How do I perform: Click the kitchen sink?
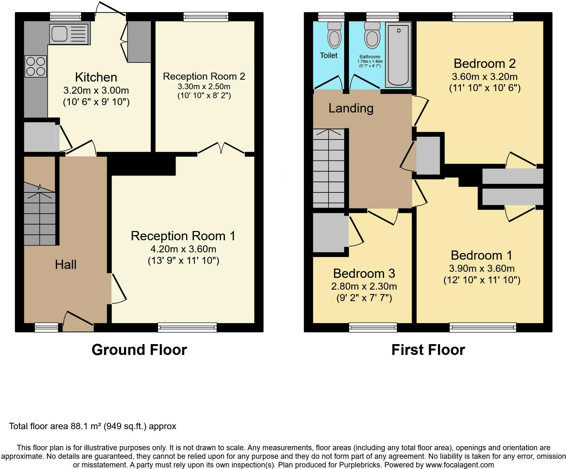pos(70,34)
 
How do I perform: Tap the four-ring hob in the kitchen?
pos(36,66)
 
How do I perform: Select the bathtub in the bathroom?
pos(398,55)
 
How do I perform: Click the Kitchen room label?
pos(96,77)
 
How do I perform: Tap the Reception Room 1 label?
pos(183,236)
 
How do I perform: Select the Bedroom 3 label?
pos(364,273)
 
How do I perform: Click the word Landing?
pos(351,108)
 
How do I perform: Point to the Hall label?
pos(66,264)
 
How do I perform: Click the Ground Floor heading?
pos(139,350)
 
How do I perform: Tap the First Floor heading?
pos(428,350)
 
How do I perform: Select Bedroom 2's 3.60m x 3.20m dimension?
pos(484,77)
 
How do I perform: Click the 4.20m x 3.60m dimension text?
pos(183,249)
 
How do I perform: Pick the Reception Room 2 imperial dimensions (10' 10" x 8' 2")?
pos(204,95)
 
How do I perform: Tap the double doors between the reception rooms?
pos(221,149)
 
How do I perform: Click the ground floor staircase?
pos(40,213)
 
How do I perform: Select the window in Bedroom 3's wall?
pos(373,328)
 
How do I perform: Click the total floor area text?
pos(92,426)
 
